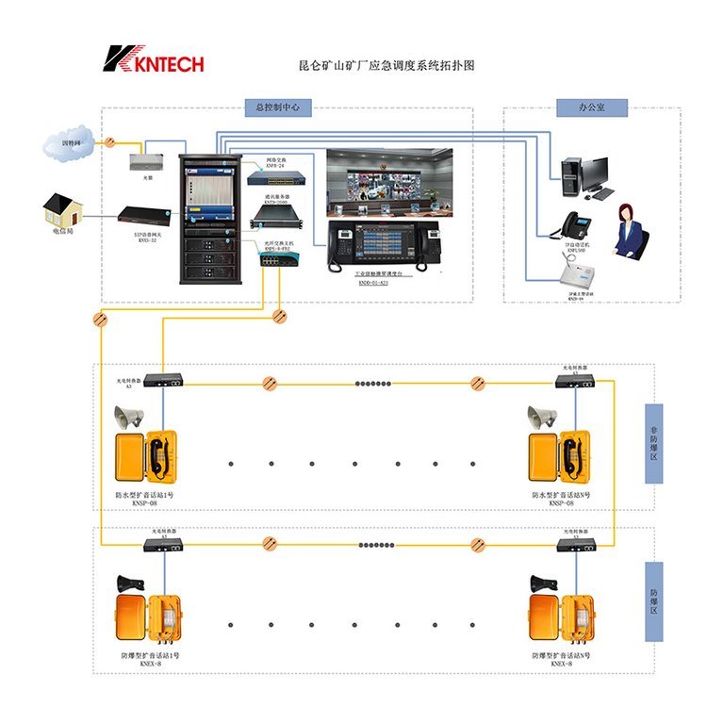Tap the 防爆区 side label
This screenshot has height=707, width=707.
pos(653,589)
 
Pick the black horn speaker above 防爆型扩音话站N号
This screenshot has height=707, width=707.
pos(542,584)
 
